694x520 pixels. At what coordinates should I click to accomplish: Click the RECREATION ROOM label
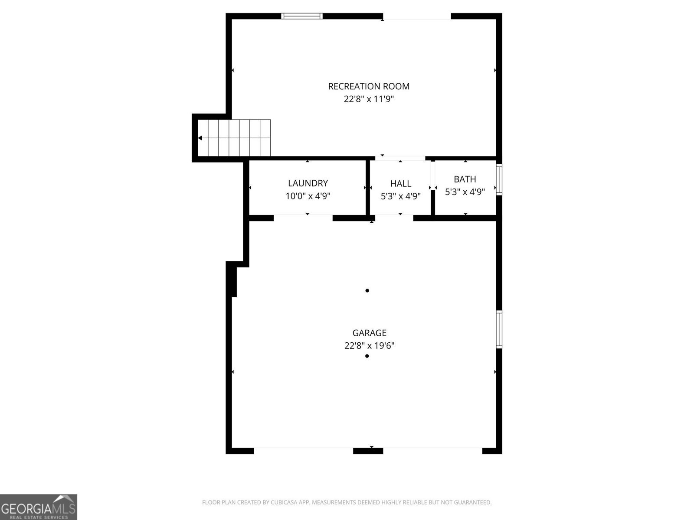(x=369, y=86)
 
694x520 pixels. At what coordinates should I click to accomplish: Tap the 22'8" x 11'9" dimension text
(x=369, y=99)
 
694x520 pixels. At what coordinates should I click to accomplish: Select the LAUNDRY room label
(x=308, y=183)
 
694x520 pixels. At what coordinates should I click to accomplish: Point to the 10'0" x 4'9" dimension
(x=308, y=196)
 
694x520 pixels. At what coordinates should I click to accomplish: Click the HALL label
(x=400, y=184)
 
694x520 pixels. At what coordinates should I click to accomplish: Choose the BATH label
(x=465, y=179)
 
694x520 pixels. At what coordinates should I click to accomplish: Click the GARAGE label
(x=369, y=333)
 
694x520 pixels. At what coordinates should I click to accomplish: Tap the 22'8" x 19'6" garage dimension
(x=369, y=346)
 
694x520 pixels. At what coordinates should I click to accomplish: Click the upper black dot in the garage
(x=367, y=291)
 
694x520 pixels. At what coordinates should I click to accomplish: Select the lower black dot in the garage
(x=367, y=356)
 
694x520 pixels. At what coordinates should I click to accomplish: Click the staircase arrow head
(x=200, y=138)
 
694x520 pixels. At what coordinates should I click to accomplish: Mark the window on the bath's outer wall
(x=499, y=179)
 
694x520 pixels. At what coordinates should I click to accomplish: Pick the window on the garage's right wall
(x=499, y=329)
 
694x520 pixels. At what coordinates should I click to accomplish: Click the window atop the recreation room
(x=302, y=16)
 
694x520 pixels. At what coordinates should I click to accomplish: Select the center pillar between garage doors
(x=368, y=451)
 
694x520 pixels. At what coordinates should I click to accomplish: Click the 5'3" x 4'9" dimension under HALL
(x=400, y=196)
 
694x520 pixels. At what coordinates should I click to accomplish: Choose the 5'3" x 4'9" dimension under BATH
(x=465, y=192)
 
